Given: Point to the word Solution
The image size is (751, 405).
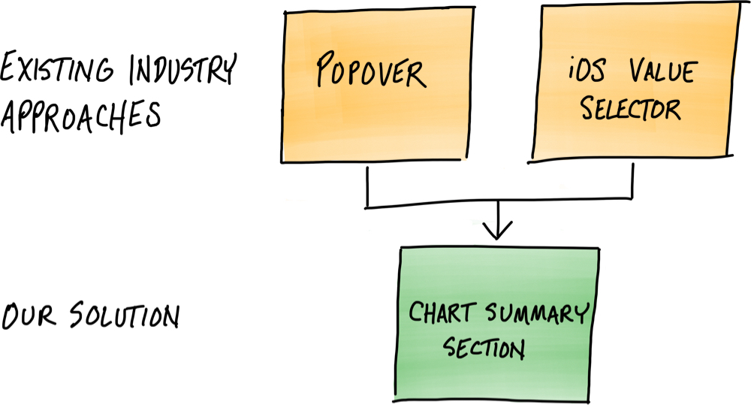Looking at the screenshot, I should coord(124,316).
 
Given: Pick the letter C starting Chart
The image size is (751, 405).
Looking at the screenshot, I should coord(414,313).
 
